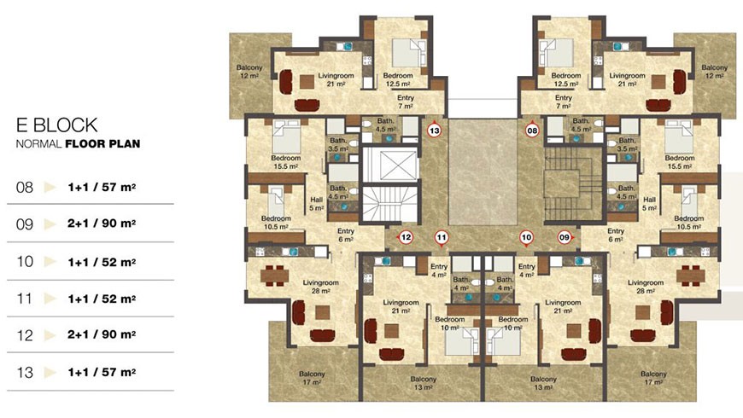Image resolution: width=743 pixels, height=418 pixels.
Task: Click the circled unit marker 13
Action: [434, 130]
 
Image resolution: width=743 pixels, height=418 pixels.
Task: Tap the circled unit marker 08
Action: [532, 130]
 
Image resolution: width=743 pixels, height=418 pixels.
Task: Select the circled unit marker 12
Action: [406, 237]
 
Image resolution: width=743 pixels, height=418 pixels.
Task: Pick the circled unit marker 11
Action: [442, 237]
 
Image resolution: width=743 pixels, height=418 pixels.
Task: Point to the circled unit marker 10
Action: [526, 237]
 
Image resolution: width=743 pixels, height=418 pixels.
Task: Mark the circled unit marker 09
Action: [564, 237]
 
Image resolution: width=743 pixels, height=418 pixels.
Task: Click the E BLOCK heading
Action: [57, 125]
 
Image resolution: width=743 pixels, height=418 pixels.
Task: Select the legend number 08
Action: [25, 187]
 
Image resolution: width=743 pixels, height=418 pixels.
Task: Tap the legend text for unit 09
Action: [102, 223]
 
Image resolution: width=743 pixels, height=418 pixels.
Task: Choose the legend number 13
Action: [25, 372]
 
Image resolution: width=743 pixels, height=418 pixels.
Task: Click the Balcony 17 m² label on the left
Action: [312, 378]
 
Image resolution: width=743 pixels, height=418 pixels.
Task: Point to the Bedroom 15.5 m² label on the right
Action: [680, 162]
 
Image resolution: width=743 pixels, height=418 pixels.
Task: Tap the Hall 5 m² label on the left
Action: [317, 204]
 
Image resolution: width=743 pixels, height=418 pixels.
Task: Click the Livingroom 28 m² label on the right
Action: [646, 287]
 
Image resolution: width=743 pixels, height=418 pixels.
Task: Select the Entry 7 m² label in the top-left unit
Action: [406, 102]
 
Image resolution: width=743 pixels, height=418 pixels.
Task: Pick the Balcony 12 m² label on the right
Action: [714, 72]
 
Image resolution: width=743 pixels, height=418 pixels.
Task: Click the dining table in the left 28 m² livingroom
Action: [274, 276]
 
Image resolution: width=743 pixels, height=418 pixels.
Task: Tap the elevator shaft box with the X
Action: [390, 165]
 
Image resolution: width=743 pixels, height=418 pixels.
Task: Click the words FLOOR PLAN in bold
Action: [102, 143]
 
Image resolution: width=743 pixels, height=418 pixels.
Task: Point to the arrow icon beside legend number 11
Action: [50, 299]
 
